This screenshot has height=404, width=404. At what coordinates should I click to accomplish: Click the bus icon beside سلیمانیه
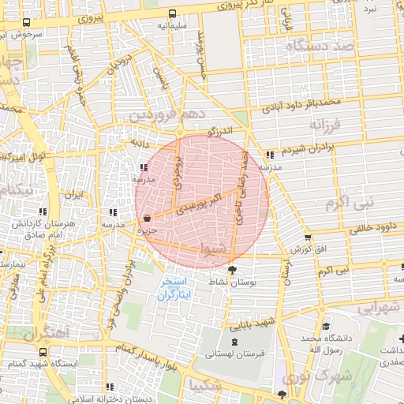(x=173, y=13)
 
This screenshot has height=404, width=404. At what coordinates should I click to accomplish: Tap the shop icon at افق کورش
(x=308, y=238)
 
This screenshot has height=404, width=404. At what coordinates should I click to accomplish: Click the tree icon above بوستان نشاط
(x=230, y=270)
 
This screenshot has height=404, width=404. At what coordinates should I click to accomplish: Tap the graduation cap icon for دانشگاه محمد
(x=326, y=326)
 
